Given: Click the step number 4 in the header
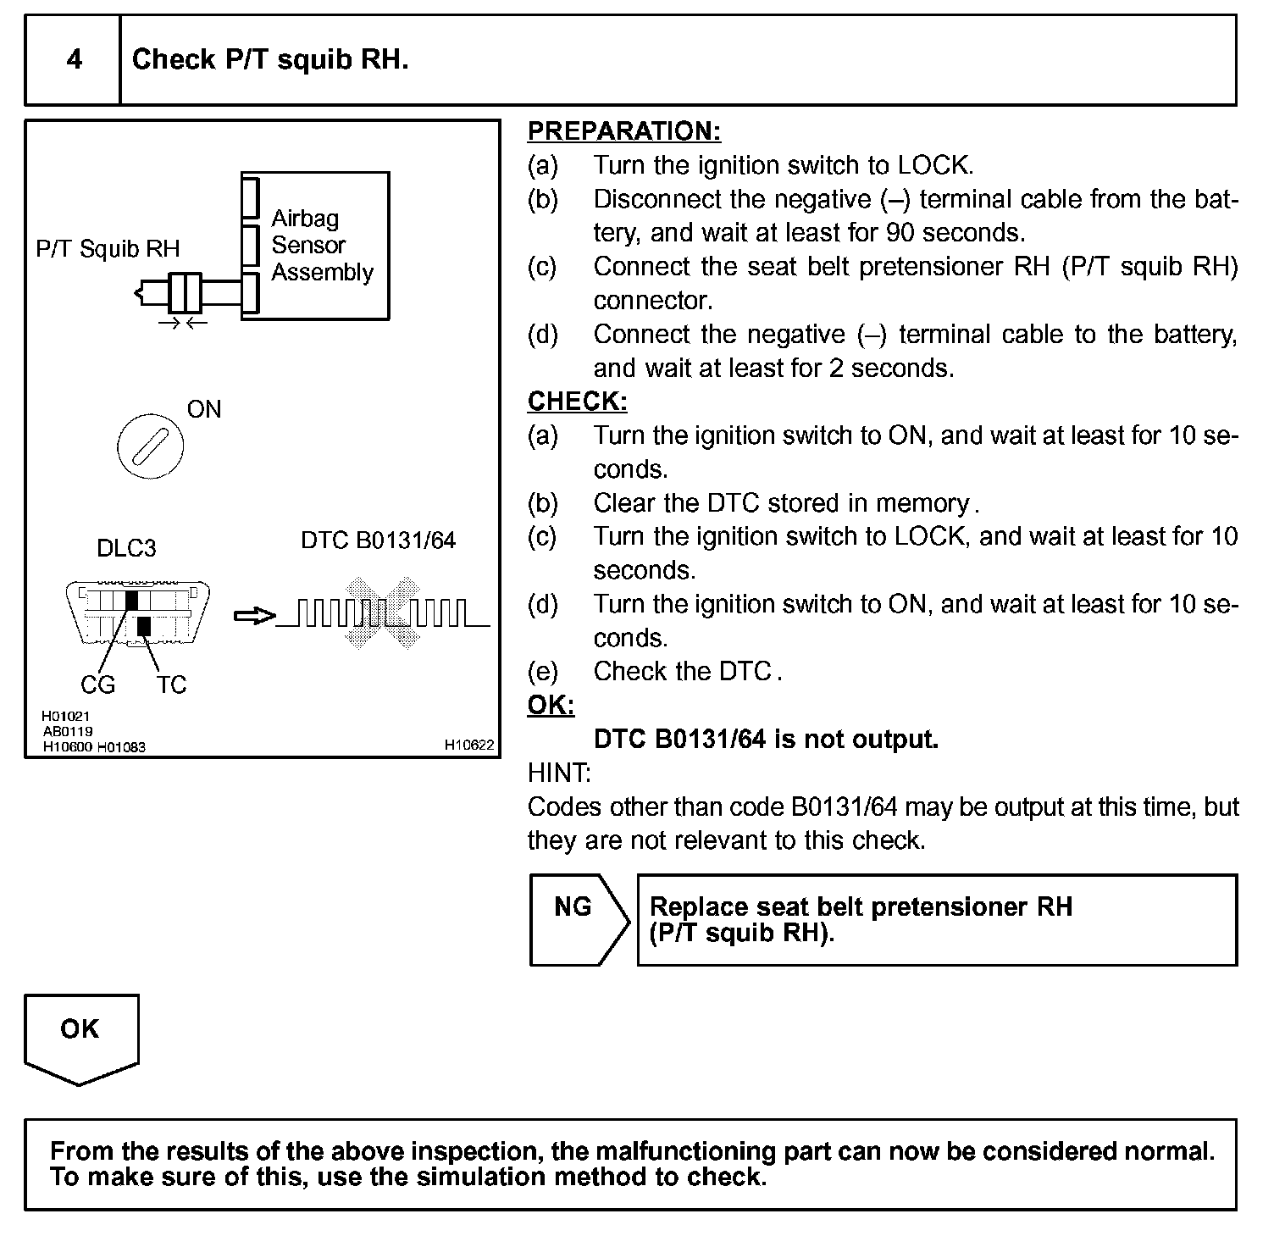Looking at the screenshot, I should tap(75, 59).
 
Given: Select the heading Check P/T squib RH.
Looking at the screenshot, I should tap(270, 59).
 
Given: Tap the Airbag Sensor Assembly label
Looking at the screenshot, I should tap(322, 245).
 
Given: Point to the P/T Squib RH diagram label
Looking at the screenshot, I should tap(108, 249).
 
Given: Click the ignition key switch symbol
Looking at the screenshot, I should tap(150, 445).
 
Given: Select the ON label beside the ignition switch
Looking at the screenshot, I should tap(204, 410).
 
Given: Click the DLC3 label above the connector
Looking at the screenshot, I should tap(126, 548).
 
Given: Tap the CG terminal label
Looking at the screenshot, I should tap(97, 684).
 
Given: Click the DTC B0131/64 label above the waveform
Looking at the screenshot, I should tap(378, 540).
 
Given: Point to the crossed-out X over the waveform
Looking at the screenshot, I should tap(384, 613).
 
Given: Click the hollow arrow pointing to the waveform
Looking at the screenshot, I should tap(254, 616).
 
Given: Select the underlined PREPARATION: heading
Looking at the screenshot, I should tap(624, 131).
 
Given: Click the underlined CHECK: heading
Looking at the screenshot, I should tap(578, 401).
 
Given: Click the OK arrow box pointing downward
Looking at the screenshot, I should tap(80, 1037).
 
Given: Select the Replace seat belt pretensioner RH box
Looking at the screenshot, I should tap(937, 920).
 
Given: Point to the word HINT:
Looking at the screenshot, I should tap(559, 773).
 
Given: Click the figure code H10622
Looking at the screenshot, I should tap(468, 745).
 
